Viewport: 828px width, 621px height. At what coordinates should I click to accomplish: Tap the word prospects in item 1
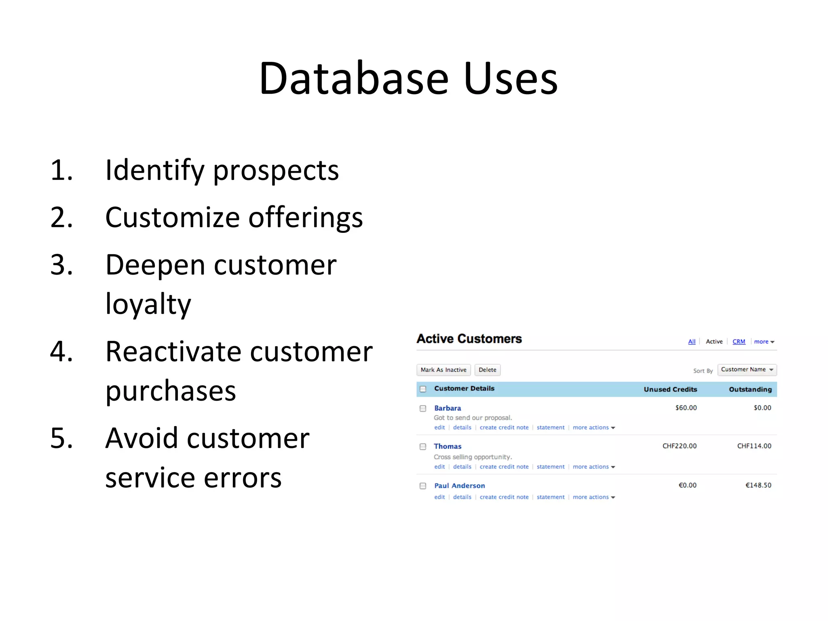click(x=276, y=171)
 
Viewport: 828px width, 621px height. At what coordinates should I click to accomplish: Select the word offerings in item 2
click(x=305, y=218)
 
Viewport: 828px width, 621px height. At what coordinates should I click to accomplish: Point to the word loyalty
click(x=148, y=304)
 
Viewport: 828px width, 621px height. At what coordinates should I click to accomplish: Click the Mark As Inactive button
click(x=443, y=370)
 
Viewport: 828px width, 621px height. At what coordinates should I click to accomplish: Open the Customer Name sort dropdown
click(x=747, y=370)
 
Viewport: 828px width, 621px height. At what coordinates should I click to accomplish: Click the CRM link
click(x=739, y=342)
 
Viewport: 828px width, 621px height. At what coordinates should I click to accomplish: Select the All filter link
click(x=692, y=342)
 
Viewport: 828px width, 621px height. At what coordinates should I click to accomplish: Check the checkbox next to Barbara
click(x=423, y=408)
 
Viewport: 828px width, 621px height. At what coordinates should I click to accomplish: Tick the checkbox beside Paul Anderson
click(x=423, y=486)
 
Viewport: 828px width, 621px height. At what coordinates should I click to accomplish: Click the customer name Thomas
click(x=448, y=446)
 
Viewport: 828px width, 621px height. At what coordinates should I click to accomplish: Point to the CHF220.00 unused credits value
click(x=679, y=446)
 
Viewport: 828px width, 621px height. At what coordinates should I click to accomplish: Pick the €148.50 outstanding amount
click(x=758, y=485)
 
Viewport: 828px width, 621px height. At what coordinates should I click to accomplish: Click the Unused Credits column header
click(x=670, y=389)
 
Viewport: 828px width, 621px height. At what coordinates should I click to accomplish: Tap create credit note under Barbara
click(x=504, y=428)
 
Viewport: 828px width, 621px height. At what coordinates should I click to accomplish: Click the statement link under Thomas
click(x=550, y=467)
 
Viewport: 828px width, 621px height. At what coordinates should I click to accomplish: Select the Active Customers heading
click(x=469, y=339)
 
